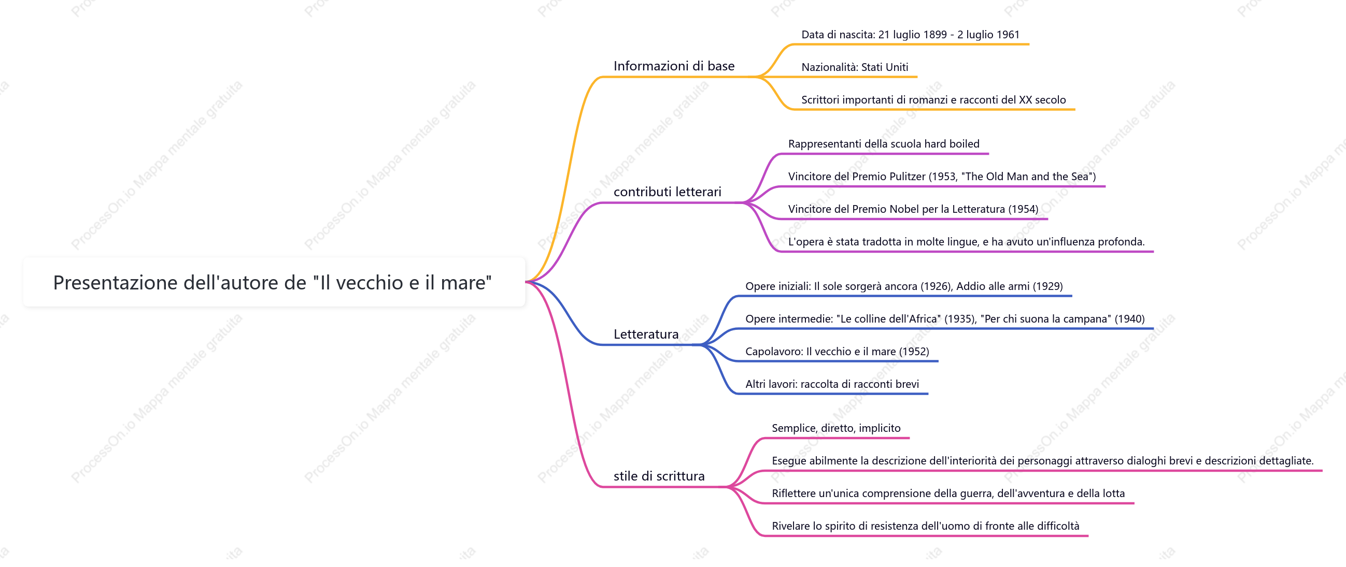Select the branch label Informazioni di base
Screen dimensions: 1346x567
674,66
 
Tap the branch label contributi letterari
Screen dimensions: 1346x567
667,192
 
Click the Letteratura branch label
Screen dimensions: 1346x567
646,334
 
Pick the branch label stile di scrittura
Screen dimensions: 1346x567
659,476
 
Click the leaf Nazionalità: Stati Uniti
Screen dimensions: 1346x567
854,67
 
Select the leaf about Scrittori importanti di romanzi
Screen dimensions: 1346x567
933,100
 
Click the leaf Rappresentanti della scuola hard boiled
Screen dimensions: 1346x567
884,144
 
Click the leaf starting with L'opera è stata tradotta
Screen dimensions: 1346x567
966,242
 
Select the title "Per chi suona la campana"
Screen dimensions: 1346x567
1045,319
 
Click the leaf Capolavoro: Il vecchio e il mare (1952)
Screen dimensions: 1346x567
837,352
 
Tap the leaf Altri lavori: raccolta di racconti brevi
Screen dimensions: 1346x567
832,384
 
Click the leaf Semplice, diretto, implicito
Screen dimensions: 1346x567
836,429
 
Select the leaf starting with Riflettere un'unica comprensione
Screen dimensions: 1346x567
948,494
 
